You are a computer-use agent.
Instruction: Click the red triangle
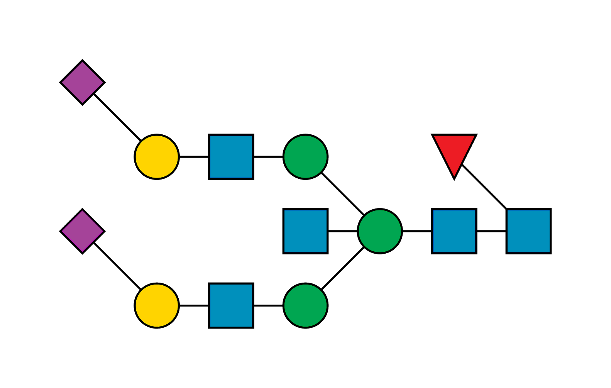click(454, 152)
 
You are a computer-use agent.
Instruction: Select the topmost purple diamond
click(82, 82)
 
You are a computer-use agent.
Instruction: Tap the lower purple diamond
click(82, 231)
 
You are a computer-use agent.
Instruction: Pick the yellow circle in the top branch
click(157, 157)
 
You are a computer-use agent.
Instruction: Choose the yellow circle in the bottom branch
click(157, 305)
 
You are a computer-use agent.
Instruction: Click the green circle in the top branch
click(305, 157)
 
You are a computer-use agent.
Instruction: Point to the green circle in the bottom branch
click(305, 305)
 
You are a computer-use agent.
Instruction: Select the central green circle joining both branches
click(380, 231)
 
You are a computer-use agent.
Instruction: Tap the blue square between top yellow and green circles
click(231, 157)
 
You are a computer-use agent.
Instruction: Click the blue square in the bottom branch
click(231, 305)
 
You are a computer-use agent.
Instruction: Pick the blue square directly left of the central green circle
click(305, 231)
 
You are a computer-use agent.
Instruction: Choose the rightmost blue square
click(528, 231)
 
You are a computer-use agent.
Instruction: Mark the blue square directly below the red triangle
click(454, 231)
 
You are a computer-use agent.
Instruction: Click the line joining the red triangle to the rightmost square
click(484, 187)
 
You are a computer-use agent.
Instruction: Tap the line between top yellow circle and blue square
click(194, 157)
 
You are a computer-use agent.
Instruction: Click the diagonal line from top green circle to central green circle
click(343, 194)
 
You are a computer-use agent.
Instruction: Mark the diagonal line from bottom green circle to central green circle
click(343, 269)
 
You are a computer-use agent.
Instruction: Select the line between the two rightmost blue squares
click(491, 231)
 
